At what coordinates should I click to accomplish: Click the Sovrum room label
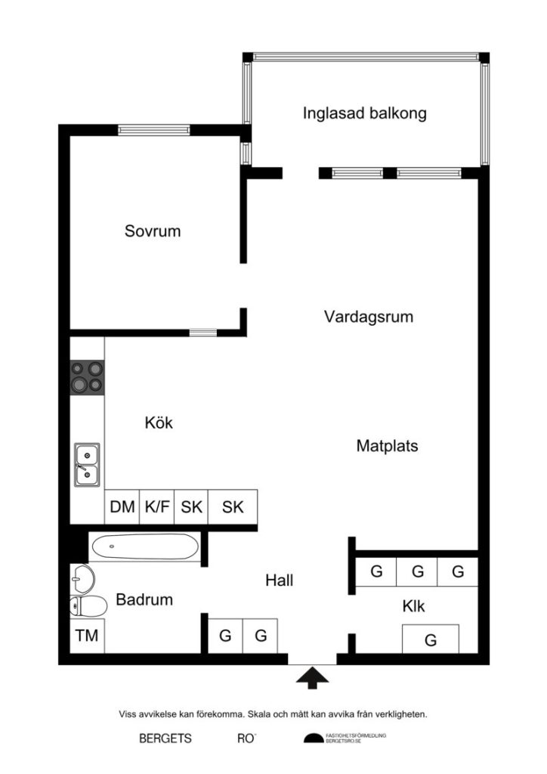coord(153,231)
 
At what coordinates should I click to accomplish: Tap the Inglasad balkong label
coord(365,113)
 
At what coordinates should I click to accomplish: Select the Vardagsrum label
coord(369,317)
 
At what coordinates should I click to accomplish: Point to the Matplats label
coord(387,446)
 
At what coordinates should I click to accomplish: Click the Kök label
coord(159,423)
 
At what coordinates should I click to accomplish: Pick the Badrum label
coord(144,599)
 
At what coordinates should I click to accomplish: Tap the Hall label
coord(279,580)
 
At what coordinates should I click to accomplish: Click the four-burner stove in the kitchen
coord(87,377)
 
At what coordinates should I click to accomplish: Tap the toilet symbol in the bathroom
coord(85,605)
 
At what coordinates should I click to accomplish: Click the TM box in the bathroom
coord(88,636)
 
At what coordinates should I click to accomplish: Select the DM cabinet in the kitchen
coord(122,507)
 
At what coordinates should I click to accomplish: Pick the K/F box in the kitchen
coord(156,507)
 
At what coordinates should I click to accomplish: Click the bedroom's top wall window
coord(153,130)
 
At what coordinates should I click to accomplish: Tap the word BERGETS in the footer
coord(165,738)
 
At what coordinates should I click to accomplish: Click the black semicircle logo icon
coord(313,738)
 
